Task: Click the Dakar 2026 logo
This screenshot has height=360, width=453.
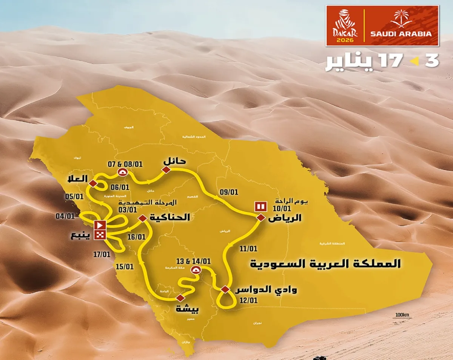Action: point(345,26)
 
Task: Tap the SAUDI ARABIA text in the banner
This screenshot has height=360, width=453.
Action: point(401,33)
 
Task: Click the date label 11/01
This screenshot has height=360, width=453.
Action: point(248,248)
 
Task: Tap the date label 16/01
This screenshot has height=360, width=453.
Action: point(136,237)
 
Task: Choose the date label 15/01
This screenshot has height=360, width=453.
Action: point(125,266)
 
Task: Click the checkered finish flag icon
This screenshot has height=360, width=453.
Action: point(100,235)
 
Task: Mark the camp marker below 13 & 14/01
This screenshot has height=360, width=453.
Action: point(196,269)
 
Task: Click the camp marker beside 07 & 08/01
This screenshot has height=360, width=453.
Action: point(123,172)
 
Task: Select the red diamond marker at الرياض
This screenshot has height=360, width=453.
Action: point(260,218)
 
